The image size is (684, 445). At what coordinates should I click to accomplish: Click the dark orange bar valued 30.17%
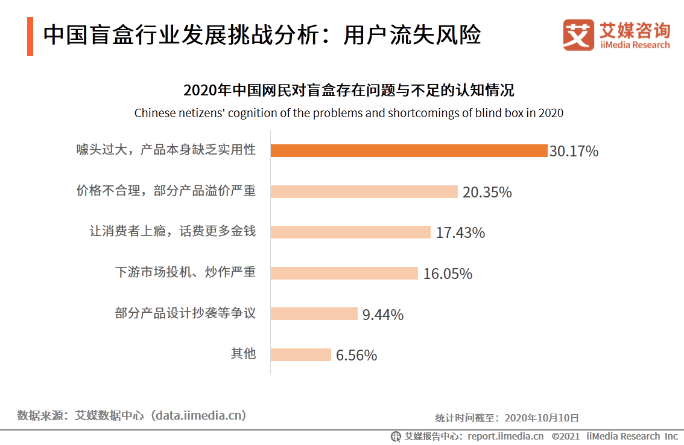(408, 150)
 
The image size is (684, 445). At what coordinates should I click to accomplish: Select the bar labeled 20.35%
(364, 191)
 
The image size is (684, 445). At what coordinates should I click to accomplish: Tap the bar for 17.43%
(350, 232)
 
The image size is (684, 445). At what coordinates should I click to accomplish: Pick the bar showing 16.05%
(344, 273)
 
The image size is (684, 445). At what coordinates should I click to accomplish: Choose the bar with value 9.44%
(314, 314)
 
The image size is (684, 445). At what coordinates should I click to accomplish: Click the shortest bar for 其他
(300, 354)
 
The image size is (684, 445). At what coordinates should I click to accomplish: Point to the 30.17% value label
(574, 151)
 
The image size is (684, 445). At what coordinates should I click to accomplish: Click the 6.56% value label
(356, 355)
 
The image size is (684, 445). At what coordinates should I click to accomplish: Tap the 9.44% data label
(383, 315)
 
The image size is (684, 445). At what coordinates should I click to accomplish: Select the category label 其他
(243, 354)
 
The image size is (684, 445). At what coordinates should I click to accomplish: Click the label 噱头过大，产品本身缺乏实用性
(166, 150)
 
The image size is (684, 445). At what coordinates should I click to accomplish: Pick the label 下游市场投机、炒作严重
(185, 272)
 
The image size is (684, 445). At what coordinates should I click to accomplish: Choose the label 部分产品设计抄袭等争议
(185, 313)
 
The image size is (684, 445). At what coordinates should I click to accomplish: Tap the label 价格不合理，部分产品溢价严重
(166, 191)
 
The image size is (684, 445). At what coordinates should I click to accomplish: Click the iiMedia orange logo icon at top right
(578, 35)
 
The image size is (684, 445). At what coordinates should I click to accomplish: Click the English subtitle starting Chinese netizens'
(349, 113)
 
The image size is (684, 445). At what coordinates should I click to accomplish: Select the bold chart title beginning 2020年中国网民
(349, 91)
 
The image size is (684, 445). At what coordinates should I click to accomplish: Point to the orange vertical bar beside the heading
(30, 37)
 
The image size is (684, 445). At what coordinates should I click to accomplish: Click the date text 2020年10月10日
(542, 417)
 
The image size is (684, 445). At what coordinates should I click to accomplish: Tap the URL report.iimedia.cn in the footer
(505, 436)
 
